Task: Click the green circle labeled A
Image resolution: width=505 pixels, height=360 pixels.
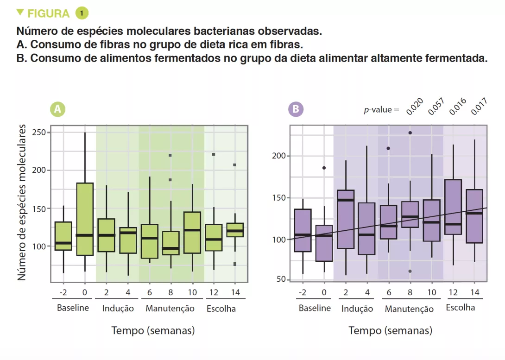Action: tap(57, 109)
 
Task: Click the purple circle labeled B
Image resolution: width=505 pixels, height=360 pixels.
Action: tap(295, 109)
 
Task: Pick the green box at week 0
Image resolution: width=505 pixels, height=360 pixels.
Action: tap(85, 219)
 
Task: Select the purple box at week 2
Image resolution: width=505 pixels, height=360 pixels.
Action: tap(346, 219)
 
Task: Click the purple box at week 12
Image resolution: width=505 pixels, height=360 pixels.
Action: tap(453, 207)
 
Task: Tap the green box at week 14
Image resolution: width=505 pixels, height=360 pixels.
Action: tap(235, 230)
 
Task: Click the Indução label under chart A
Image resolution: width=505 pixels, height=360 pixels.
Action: tap(118, 309)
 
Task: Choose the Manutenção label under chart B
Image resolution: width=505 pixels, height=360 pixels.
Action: tap(409, 309)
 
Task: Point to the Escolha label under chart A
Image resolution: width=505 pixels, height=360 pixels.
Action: tap(221, 309)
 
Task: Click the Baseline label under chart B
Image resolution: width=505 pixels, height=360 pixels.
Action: tap(315, 309)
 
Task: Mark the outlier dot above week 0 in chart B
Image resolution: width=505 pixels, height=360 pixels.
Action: tap(324, 168)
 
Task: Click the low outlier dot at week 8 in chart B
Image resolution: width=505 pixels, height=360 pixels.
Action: tap(410, 271)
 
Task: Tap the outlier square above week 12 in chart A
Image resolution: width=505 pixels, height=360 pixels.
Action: tap(214, 154)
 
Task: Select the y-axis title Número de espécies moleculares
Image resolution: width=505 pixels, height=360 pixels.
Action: tap(22, 204)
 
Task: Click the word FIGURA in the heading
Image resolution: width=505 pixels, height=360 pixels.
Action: tap(49, 13)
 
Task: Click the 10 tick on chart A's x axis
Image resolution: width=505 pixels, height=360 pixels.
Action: tap(192, 292)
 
